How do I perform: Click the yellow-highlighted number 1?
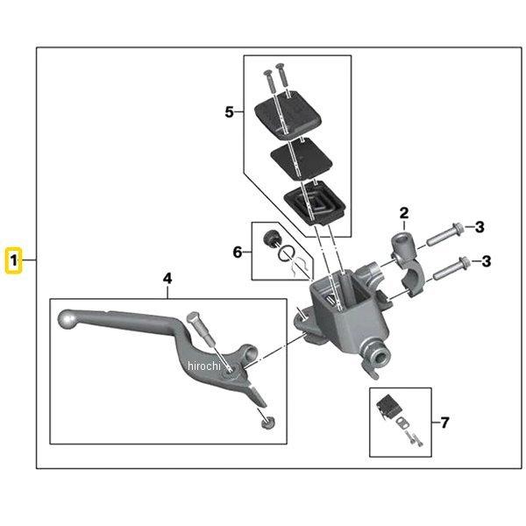(x=14, y=261)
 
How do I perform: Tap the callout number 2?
(x=404, y=212)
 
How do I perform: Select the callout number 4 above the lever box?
(x=167, y=278)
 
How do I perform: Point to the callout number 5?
(x=230, y=112)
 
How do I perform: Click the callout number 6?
(x=237, y=252)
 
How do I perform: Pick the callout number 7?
(x=444, y=423)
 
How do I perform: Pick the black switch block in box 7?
(x=387, y=407)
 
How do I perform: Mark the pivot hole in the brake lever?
(x=231, y=370)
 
